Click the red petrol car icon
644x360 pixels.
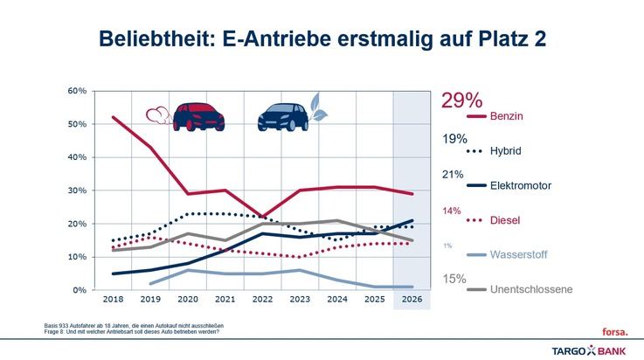click(200, 116)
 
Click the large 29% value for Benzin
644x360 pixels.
click(460, 100)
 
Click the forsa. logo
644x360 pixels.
click(615, 331)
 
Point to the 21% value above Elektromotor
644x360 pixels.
click(451, 174)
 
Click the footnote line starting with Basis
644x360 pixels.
click(131, 324)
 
